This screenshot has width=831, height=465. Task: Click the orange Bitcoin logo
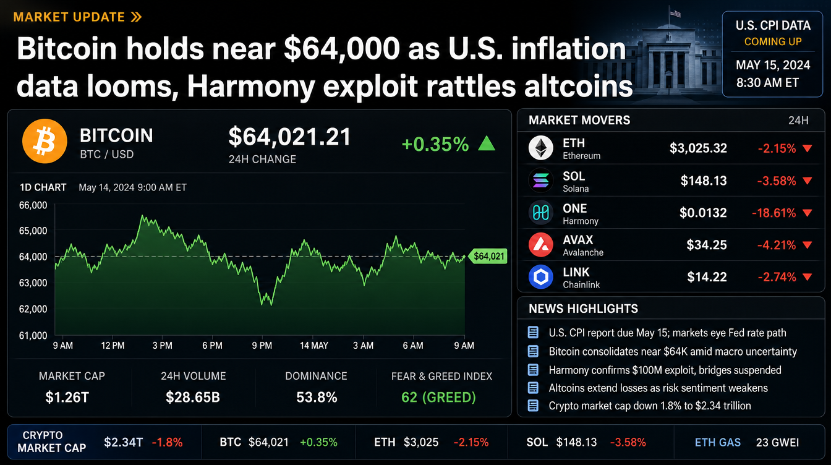click(45, 141)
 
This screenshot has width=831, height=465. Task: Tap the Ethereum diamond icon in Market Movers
click(540, 148)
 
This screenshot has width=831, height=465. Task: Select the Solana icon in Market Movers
click(540, 181)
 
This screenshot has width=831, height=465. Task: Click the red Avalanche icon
click(540, 245)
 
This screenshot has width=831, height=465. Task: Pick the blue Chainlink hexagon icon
click(540, 277)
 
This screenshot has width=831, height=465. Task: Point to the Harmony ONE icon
click(540, 213)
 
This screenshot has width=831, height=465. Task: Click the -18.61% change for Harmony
click(773, 213)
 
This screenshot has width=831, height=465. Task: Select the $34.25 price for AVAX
click(706, 245)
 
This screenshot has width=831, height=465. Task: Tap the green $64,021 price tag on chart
click(488, 256)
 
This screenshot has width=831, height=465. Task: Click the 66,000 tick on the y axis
click(33, 205)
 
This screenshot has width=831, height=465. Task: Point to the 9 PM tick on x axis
click(262, 346)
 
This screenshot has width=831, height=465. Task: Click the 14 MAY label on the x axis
click(314, 346)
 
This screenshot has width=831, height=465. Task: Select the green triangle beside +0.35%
click(487, 143)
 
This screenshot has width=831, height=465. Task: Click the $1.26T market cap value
click(67, 398)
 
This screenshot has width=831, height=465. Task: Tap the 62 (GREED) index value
click(438, 398)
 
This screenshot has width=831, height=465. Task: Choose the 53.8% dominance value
click(317, 398)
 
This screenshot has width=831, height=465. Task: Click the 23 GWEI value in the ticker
click(777, 442)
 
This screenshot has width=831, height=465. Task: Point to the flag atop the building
click(676, 14)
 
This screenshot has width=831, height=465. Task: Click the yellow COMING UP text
click(773, 41)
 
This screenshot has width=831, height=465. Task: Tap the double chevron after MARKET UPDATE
click(136, 17)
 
